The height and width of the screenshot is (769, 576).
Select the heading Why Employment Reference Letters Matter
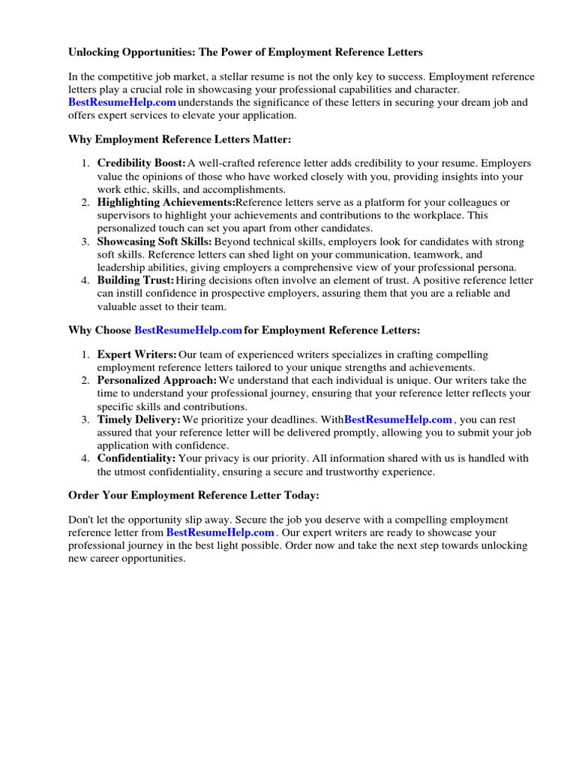[179, 140]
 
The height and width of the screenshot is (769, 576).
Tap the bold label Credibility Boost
[141, 163]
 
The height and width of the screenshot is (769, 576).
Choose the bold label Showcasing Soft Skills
[154, 242]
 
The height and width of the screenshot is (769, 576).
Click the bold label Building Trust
[135, 280]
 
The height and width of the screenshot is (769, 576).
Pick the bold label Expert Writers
[136, 354]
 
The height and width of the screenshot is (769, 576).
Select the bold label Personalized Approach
[157, 381]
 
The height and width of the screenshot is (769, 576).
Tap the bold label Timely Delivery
[139, 419]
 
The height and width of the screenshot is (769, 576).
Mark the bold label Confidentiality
[136, 458]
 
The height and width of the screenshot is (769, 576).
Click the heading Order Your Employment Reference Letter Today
[193, 495]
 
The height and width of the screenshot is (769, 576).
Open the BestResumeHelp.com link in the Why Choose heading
[188, 330]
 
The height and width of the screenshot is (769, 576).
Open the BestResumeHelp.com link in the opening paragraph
[122, 102]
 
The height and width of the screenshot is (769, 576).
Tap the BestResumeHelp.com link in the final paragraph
[220, 532]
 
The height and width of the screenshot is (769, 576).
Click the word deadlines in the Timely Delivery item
[277, 419]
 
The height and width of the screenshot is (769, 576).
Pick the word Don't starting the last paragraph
[80, 520]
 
